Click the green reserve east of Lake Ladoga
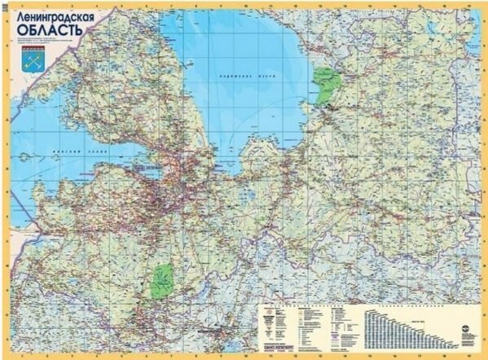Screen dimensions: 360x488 coord(327,85)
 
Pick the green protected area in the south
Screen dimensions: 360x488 coord(164,280)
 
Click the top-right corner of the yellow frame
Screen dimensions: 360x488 coord(484,4)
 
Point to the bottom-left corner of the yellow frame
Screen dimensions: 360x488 coord(4,356)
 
